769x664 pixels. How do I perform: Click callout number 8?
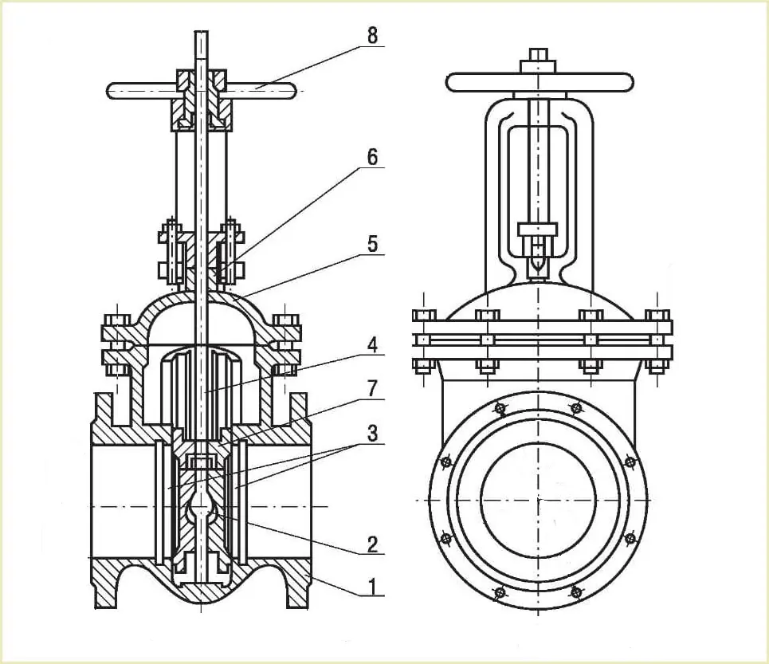373,35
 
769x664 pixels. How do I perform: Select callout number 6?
373,157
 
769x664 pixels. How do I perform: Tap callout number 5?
373,244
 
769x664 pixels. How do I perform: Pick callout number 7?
373,388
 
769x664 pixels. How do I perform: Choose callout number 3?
373,433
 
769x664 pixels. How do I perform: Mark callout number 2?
373,544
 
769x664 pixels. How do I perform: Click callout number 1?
373,586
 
